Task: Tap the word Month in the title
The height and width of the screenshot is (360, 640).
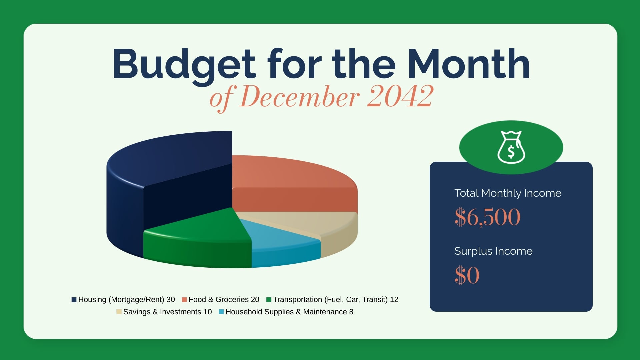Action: point(468,64)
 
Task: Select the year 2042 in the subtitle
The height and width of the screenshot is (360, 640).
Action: point(400,96)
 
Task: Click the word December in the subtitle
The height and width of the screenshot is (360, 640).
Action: point(299,96)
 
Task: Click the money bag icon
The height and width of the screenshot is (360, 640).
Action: point(511,147)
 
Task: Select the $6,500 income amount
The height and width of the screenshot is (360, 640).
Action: point(487,217)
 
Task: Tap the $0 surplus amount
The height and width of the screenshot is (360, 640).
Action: point(467,275)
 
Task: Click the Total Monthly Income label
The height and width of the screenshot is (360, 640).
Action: point(508,193)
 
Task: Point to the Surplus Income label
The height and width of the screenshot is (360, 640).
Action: point(493,251)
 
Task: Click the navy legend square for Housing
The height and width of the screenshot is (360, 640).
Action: point(74,300)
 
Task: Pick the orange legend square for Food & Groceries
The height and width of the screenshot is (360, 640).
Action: point(184,300)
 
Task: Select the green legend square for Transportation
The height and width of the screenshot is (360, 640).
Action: point(269,300)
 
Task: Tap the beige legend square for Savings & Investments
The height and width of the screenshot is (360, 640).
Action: point(119,312)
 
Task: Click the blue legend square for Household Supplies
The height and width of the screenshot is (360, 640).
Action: point(221,312)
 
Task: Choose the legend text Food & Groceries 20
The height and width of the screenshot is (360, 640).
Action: point(224,300)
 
